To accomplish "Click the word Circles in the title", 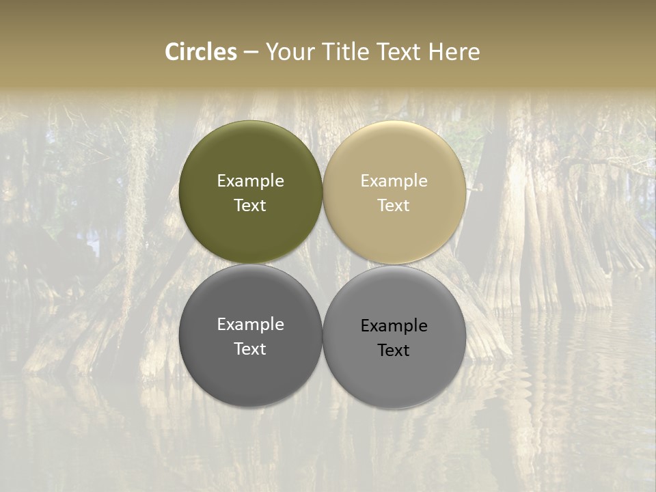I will point(201,52).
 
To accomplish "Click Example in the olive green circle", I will point(250,181).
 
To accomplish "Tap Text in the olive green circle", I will point(250,205).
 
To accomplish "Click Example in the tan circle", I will point(394,181).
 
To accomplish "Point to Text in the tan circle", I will point(394,205).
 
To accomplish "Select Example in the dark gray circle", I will point(250,325).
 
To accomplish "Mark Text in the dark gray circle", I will point(250,348).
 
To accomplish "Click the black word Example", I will point(394,326).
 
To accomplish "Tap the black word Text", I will point(394,350).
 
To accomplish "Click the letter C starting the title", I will point(173,52).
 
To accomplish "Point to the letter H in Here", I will point(435,52).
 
